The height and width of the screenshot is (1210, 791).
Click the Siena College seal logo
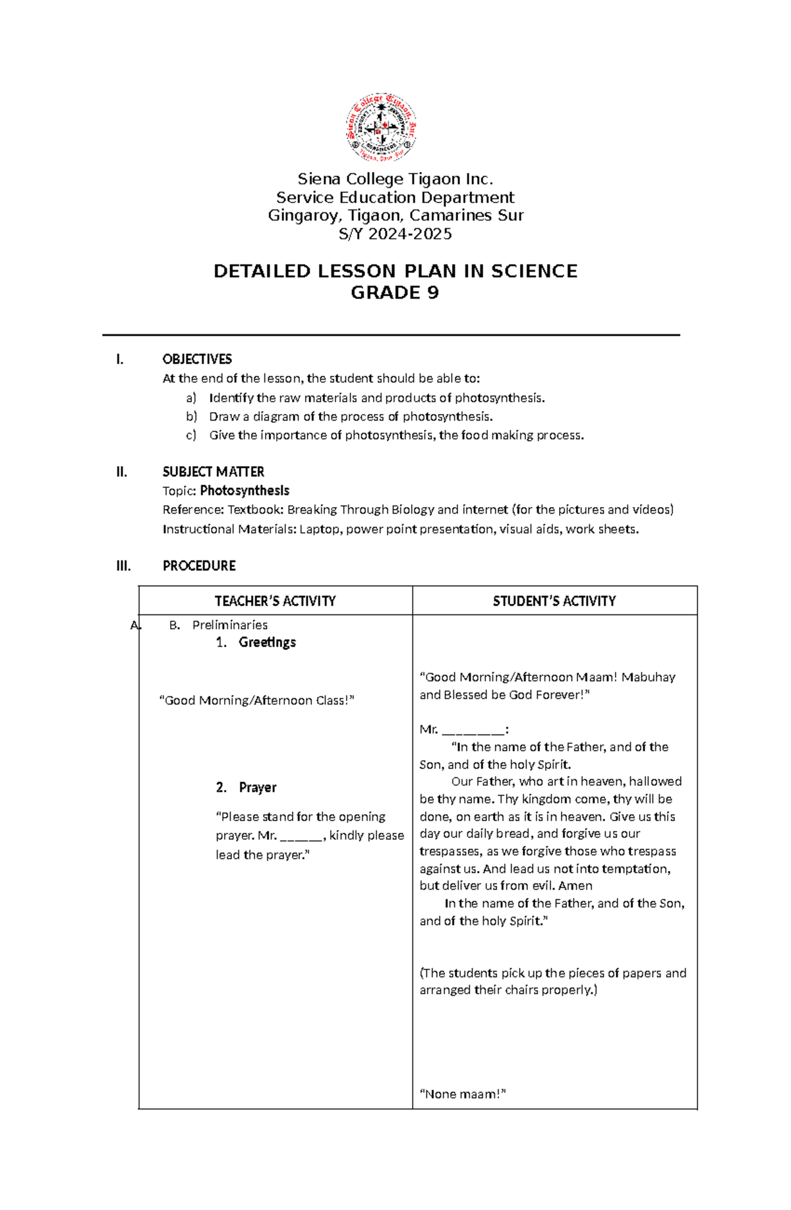click(381, 127)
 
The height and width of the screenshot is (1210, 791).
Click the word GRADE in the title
click(382, 293)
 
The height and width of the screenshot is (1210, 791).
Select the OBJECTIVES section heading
click(197, 359)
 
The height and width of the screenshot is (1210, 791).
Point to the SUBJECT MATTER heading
click(213, 471)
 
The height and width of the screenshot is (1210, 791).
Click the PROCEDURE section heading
click(199, 566)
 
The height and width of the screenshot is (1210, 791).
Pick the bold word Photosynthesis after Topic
click(245, 491)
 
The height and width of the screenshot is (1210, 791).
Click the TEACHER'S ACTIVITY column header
click(275, 601)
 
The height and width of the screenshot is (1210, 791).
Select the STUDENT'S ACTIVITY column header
click(554, 601)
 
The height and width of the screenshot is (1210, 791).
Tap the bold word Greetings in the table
click(267, 642)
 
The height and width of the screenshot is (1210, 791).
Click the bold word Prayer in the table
click(258, 787)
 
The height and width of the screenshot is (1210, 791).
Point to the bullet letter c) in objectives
click(191, 435)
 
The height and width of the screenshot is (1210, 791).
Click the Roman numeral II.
click(121, 471)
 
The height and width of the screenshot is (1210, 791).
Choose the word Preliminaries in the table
click(229, 625)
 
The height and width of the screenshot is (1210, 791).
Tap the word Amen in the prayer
click(575, 886)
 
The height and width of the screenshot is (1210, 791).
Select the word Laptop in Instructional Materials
click(320, 529)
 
